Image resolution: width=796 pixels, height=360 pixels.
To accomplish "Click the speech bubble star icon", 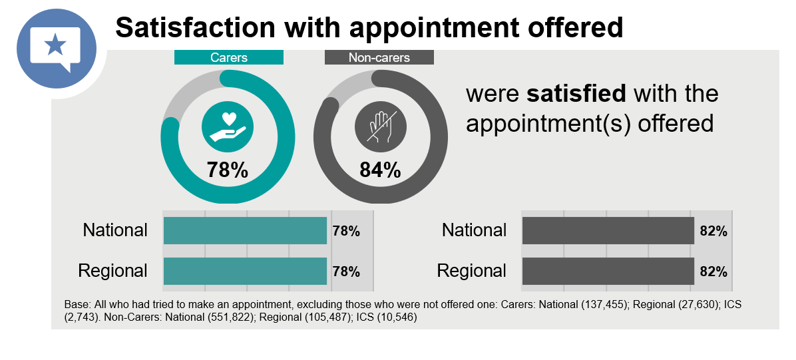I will point(56,47).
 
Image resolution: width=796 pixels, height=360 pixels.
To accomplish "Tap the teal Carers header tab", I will point(229,57).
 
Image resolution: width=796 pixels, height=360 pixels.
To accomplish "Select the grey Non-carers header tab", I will point(379,57).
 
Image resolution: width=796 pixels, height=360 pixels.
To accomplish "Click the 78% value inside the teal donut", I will point(228,170).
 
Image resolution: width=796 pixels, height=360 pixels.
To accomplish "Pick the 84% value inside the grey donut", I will point(380,170).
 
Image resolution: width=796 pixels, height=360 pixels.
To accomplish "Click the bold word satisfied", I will point(576,94).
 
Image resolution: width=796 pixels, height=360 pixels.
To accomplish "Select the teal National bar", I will point(245,230).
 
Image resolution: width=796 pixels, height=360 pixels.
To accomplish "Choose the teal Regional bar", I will point(245,271).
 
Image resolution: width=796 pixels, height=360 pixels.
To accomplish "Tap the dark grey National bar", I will point(608,230).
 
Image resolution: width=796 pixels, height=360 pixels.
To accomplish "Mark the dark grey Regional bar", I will point(608,271).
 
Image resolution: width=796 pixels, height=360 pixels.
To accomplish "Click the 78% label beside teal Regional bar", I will point(346,271).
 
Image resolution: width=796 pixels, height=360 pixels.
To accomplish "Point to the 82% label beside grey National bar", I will point(713,231).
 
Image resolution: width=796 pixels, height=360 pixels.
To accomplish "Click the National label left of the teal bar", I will point(115,230).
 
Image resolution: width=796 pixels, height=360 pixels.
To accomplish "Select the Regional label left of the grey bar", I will point(472,271).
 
